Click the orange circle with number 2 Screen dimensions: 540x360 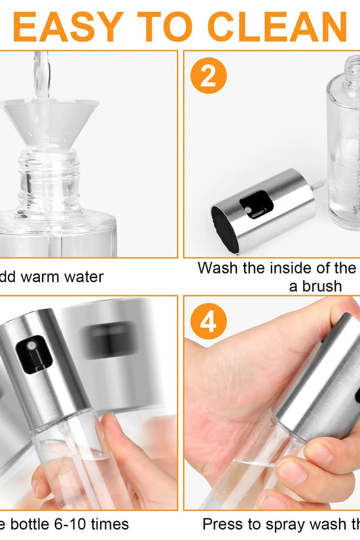208,77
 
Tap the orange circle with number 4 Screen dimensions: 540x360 208,322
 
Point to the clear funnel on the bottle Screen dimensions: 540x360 49,124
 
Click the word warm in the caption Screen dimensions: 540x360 43,277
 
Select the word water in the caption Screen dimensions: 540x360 84,277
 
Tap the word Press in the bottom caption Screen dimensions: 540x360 223,524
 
